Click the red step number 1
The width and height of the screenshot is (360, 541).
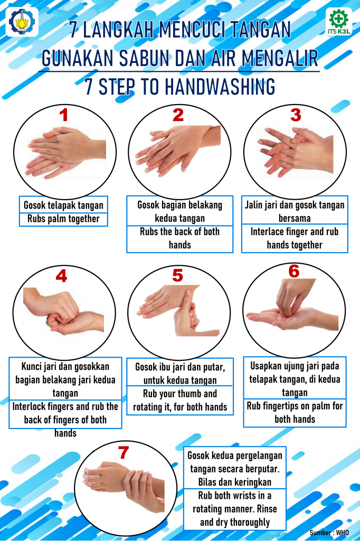click(x=63, y=115)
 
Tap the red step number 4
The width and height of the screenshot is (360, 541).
click(x=61, y=276)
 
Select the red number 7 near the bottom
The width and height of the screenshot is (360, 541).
click(x=124, y=452)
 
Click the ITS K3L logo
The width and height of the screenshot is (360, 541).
click(x=339, y=22)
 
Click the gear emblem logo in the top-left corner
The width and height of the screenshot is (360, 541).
click(x=22, y=22)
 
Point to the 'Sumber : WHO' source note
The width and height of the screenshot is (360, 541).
click(x=329, y=533)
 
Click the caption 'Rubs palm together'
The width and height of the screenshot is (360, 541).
click(x=63, y=219)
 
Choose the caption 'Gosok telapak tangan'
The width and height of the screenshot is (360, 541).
click(x=63, y=206)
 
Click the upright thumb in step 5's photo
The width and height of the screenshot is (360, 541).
click(x=186, y=307)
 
